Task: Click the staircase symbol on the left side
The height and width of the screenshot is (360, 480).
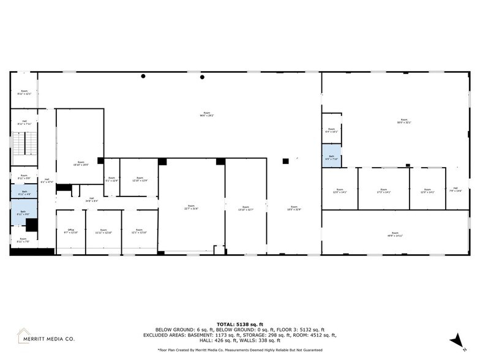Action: [x=24, y=148]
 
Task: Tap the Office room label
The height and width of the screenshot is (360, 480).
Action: [x=70, y=231]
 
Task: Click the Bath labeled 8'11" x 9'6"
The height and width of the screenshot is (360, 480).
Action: [x=24, y=212]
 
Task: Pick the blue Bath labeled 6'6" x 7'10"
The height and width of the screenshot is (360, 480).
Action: [x=331, y=157]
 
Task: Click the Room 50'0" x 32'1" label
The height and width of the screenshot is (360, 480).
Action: [x=403, y=121]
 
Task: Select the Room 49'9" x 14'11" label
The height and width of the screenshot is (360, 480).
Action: [x=395, y=233]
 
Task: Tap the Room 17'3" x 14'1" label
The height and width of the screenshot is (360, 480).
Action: [x=383, y=190]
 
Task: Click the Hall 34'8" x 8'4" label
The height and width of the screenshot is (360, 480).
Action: [x=91, y=199]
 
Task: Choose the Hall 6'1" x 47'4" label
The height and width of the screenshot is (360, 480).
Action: [x=47, y=181]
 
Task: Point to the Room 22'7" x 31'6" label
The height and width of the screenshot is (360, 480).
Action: [x=191, y=207]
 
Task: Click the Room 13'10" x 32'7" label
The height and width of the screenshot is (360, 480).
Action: [x=245, y=208]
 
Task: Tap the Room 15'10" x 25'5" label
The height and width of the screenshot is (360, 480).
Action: [x=80, y=163]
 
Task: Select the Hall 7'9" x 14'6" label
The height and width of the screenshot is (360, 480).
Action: [x=455, y=189]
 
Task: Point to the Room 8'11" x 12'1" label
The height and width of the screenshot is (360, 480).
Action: [x=24, y=92]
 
